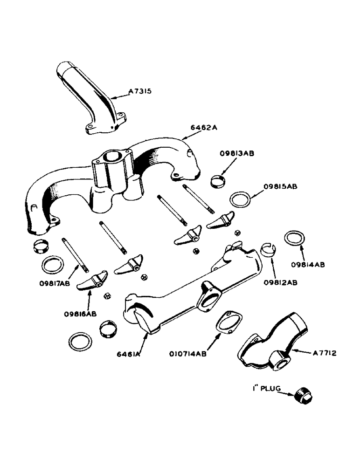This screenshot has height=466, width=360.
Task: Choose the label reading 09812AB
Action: (x=282, y=282)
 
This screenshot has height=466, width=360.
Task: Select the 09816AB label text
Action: (x=80, y=314)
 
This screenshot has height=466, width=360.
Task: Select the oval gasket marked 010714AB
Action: (x=228, y=322)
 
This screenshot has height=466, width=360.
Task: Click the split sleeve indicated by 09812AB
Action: (x=267, y=250)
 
